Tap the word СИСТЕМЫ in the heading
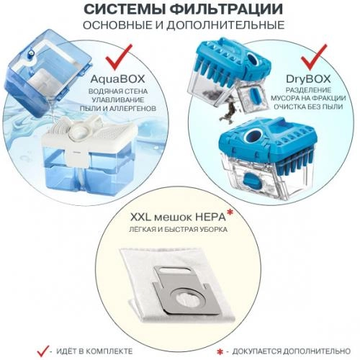[x=127, y=11]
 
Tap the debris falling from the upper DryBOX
[x=234, y=111]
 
